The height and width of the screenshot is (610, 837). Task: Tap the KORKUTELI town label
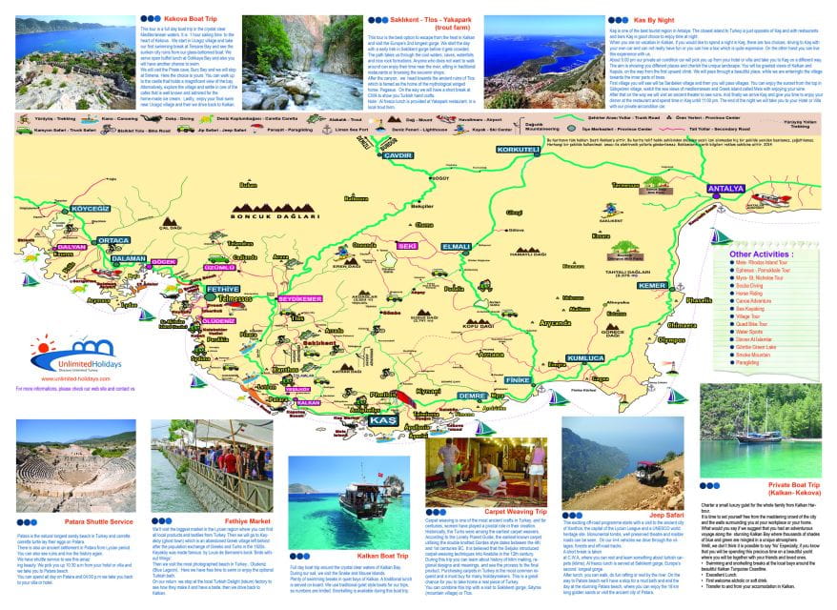(519, 150)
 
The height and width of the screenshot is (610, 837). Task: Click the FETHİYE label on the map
(222, 288)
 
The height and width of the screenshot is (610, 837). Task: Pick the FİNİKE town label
(517, 379)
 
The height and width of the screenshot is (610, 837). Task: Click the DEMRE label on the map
(472, 395)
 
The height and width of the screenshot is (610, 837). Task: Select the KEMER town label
(652, 285)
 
